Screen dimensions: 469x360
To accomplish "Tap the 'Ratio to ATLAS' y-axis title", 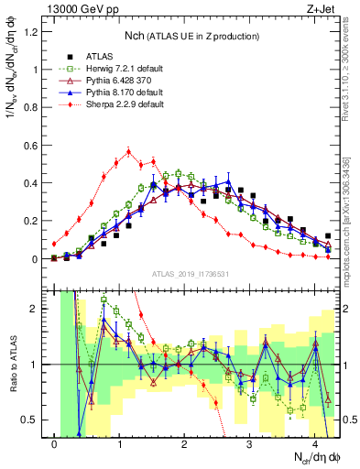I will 12,364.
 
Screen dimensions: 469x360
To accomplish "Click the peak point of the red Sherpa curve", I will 129,151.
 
